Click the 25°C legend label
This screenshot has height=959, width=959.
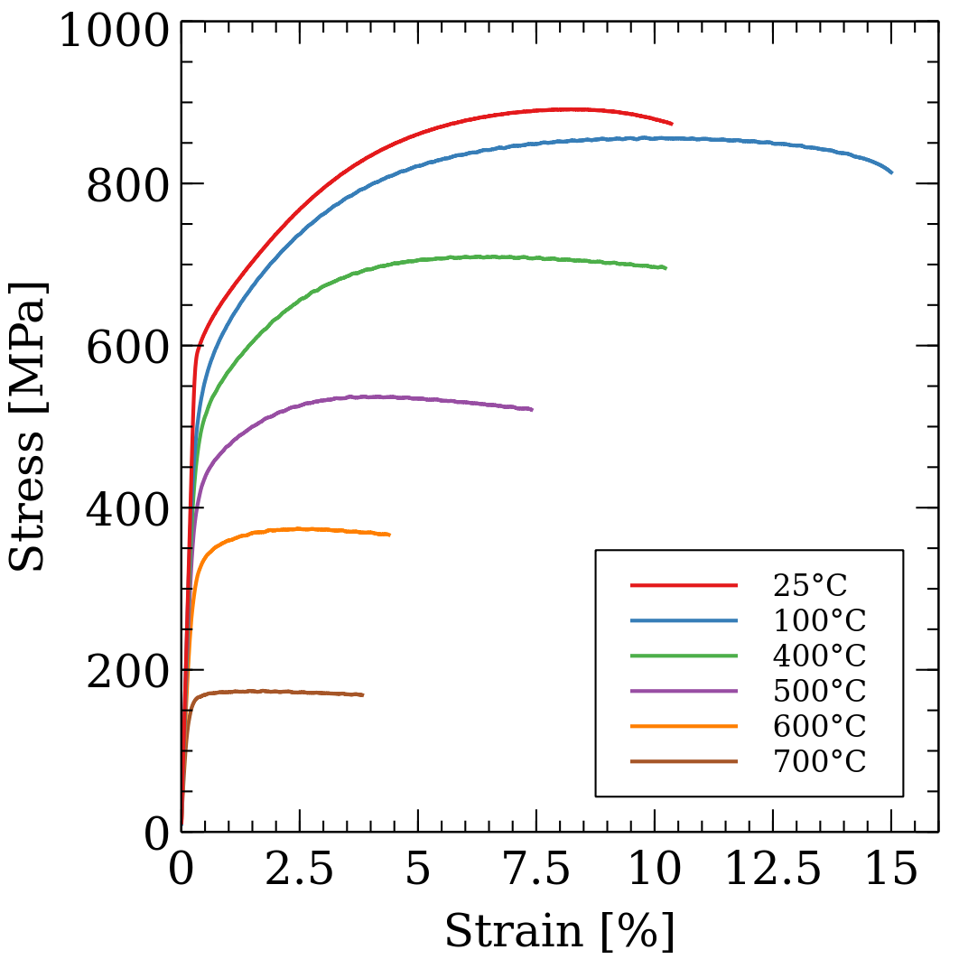coord(810,586)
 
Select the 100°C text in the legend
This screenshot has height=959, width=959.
coord(819,621)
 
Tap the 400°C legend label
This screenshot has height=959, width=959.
coord(819,656)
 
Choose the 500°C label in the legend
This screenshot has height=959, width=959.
coord(819,692)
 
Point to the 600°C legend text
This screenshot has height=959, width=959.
coord(819,727)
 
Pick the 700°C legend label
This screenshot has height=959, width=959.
coord(819,762)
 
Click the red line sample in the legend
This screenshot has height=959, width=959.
coord(684,586)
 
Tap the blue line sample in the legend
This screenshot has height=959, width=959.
coord(684,621)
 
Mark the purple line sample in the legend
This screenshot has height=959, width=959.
coord(684,692)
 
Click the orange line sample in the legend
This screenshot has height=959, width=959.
coord(684,727)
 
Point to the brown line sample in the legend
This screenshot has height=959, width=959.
coord(684,762)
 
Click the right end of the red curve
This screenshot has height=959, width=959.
coord(672,124)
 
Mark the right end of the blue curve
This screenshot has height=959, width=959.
coord(892,172)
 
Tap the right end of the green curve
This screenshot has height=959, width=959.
coord(666,268)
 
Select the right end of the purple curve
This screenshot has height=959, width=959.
coord(532,409)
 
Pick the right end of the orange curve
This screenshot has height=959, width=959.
coord(389,535)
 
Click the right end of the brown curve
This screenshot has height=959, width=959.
coord(363,694)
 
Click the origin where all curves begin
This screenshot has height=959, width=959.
coord(182,829)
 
